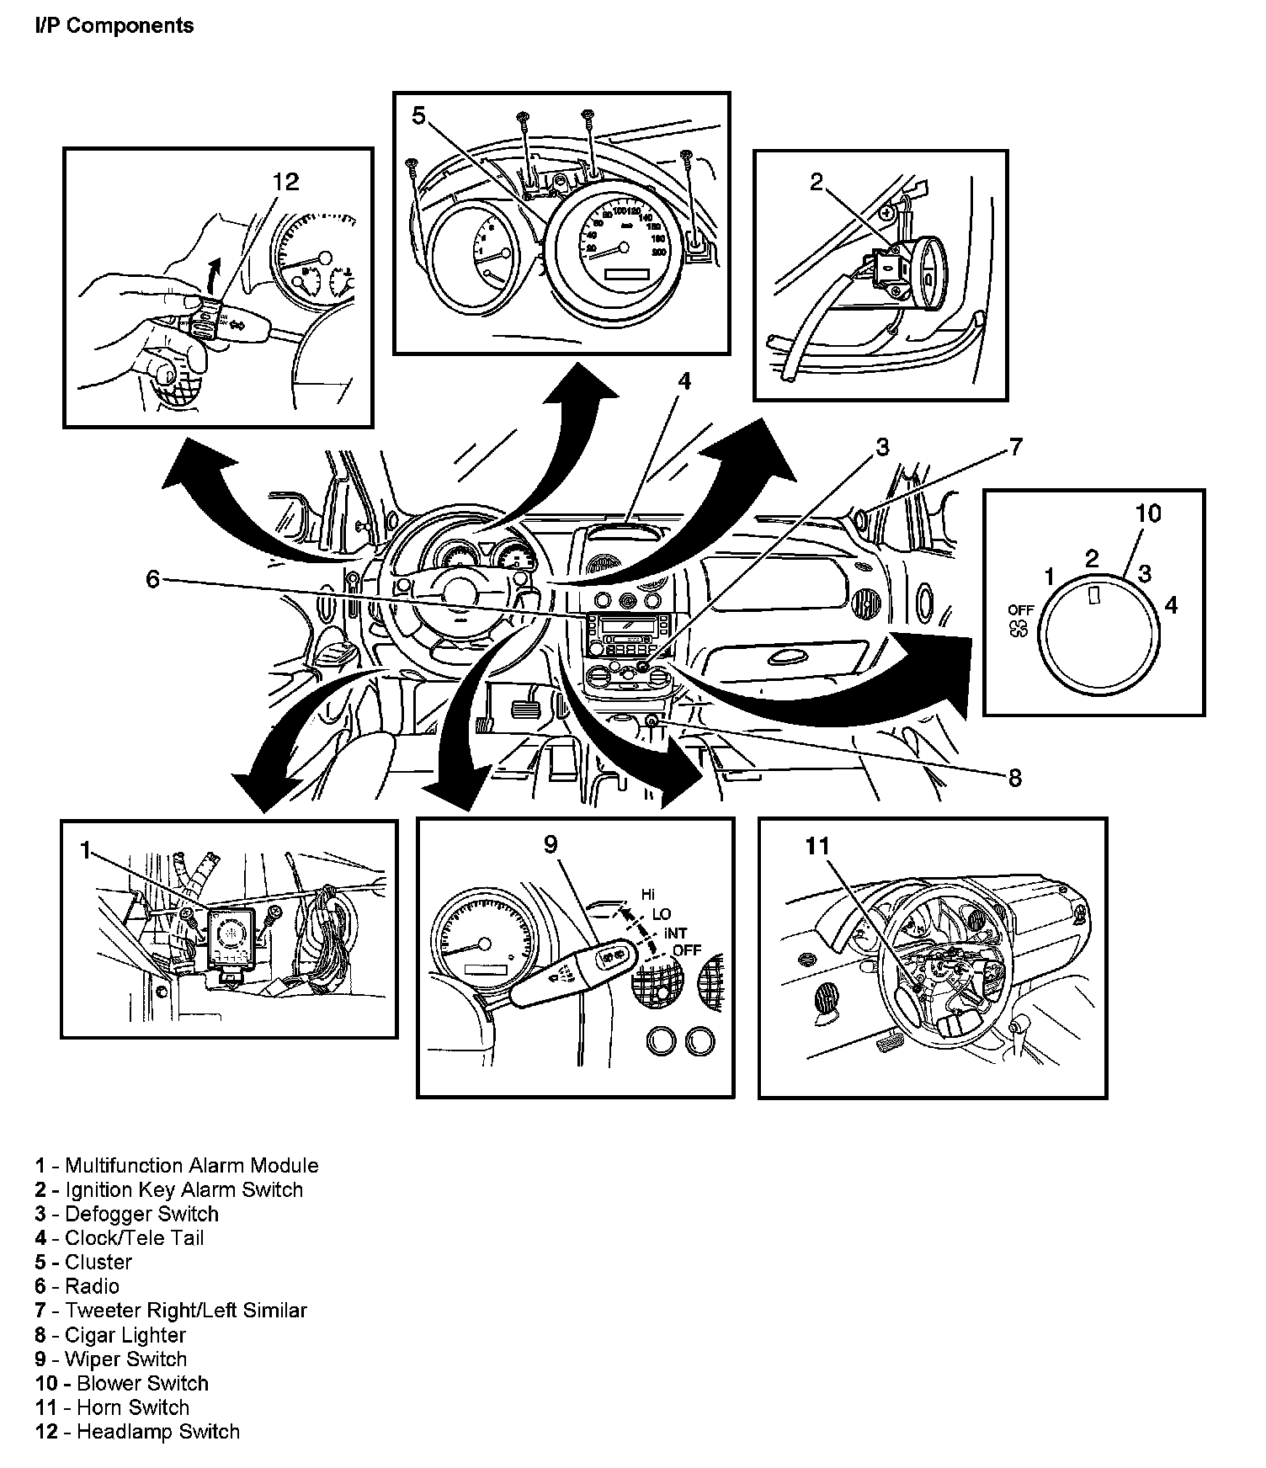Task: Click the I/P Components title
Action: (x=114, y=26)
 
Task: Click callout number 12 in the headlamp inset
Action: (x=286, y=182)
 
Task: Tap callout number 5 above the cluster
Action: (x=420, y=117)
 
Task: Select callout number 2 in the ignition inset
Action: (x=817, y=183)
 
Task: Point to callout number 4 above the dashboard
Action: (x=684, y=382)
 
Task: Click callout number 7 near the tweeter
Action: (x=1016, y=447)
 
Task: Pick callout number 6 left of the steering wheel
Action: (x=152, y=579)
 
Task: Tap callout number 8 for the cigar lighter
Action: (x=1015, y=779)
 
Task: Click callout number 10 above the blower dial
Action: (x=1148, y=513)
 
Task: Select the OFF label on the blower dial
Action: (x=1021, y=609)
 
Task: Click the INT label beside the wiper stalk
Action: (x=676, y=933)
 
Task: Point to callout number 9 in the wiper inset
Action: (x=551, y=844)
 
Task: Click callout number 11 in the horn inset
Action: (x=817, y=846)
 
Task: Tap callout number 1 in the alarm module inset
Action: (x=85, y=851)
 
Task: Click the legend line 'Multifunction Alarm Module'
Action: (x=177, y=1166)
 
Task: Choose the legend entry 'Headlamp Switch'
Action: (x=138, y=1432)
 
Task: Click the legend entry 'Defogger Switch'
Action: (x=127, y=1214)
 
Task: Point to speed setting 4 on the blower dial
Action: (x=1171, y=604)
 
